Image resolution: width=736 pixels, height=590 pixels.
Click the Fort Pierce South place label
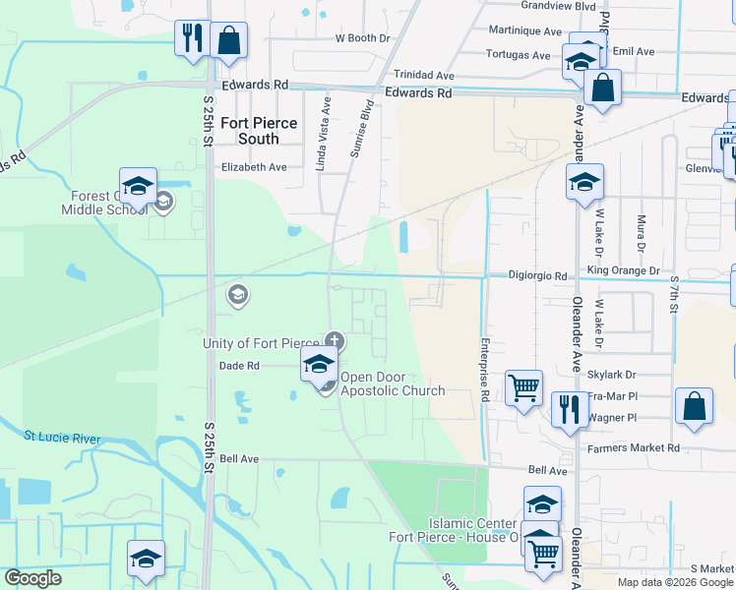coord(250,131)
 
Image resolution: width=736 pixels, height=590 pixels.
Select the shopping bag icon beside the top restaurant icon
coord(228,40)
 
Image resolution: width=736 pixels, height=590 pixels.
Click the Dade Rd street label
coord(239,365)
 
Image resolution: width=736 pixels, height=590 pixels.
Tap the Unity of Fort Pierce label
coord(261,343)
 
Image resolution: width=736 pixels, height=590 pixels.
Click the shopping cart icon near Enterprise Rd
coord(523,388)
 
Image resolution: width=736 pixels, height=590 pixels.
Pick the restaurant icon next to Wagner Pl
coord(570,409)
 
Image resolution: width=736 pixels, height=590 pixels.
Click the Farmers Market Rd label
coord(633,447)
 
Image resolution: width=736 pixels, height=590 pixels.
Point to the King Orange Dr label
coord(623,269)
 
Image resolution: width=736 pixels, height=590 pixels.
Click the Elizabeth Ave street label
coord(253,167)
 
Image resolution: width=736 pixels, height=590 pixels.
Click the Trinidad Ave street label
coord(424,75)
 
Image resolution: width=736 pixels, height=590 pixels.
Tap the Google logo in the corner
coord(32,578)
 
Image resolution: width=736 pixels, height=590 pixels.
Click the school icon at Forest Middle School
coord(139,187)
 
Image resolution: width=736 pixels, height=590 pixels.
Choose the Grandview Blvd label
coord(532,6)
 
